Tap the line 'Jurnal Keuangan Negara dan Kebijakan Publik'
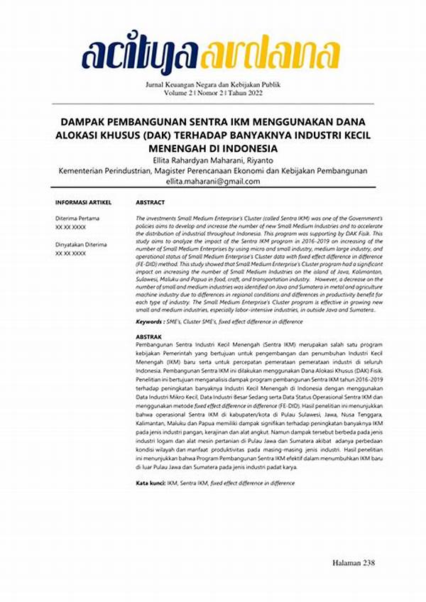pos(213,84)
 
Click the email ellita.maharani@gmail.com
pos(213,182)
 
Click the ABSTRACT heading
pos(151,202)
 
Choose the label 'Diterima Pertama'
pos(77,218)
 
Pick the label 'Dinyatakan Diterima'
pos(81,244)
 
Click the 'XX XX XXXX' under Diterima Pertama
pos(70,226)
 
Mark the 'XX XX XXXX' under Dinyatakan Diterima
pos(70,253)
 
